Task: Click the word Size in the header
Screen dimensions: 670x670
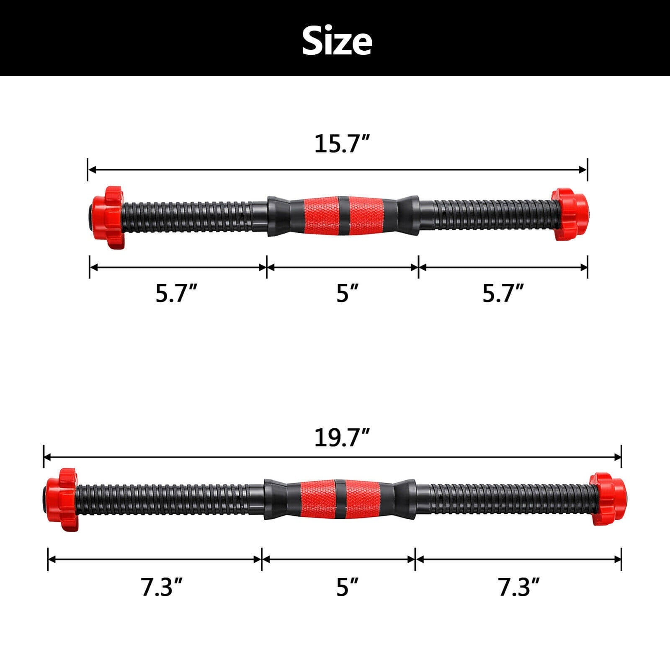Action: coord(337,41)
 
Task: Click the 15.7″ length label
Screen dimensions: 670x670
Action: coord(342,144)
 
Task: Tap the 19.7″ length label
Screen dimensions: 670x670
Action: coord(342,438)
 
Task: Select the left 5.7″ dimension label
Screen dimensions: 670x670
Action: coord(176,293)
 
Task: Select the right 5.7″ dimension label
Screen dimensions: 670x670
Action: coord(503,293)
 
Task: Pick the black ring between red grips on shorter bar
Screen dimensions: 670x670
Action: coord(343,215)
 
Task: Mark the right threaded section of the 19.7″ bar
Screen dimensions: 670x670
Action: coord(502,499)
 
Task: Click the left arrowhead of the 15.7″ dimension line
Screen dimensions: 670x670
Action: coord(92,170)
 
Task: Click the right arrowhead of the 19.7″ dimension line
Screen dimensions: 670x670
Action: coord(617,457)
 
